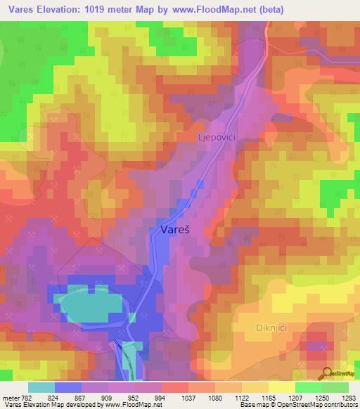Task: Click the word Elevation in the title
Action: click(63, 9)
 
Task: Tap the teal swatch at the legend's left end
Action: click(41, 388)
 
